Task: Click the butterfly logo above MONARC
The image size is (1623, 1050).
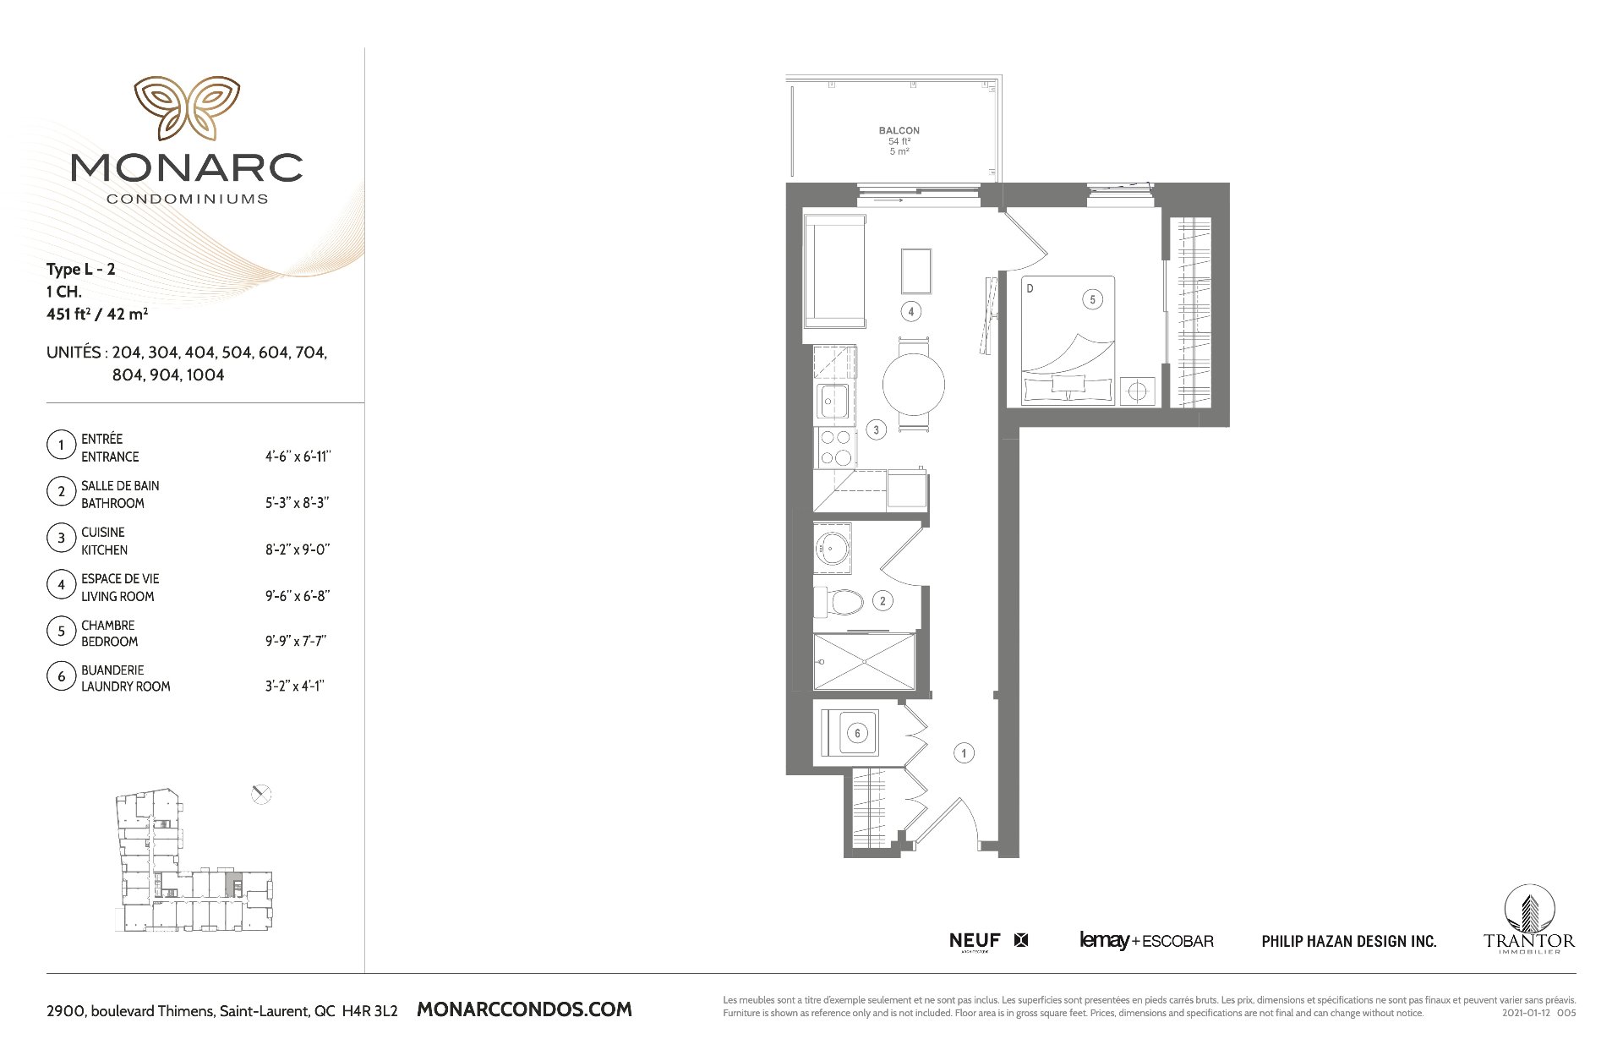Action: pyautogui.click(x=187, y=108)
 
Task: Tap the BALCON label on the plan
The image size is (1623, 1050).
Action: pyautogui.click(x=899, y=130)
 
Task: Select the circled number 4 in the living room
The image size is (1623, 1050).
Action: pyautogui.click(x=910, y=311)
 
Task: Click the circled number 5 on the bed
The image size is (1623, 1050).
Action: pyautogui.click(x=1092, y=299)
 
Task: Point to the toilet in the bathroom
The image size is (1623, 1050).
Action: pyautogui.click(x=839, y=602)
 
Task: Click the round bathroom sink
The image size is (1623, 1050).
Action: pyautogui.click(x=833, y=548)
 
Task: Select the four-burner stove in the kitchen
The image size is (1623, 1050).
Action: pyautogui.click(x=835, y=448)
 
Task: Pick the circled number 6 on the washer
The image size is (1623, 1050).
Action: pyautogui.click(x=857, y=733)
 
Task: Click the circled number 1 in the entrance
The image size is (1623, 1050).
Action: pyautogui.click(x=964, y=752)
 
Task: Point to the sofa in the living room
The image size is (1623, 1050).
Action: pyautogui.click(x=835, y=271)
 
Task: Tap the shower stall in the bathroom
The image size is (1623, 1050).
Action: pyautogui.click(x=864, y=662)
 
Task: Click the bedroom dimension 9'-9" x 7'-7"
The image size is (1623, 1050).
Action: pyautogui.click(x=296, y=641)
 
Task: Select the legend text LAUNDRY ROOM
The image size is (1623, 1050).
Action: pyautogui.click(x=126, y=686)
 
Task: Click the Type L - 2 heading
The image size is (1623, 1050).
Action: pyautogui.click(x=81, y=270)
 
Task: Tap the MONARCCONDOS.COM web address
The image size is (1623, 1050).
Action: pyautogui.click(x=525, y=1009)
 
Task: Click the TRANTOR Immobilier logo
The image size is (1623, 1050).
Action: pyautogui.click(x=1529, y=920)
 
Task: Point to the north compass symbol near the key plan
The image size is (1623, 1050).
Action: pyautogui.click(x=261, y=794)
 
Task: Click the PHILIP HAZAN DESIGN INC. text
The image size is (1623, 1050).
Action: pyautogui.click(x=1349, y=941)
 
